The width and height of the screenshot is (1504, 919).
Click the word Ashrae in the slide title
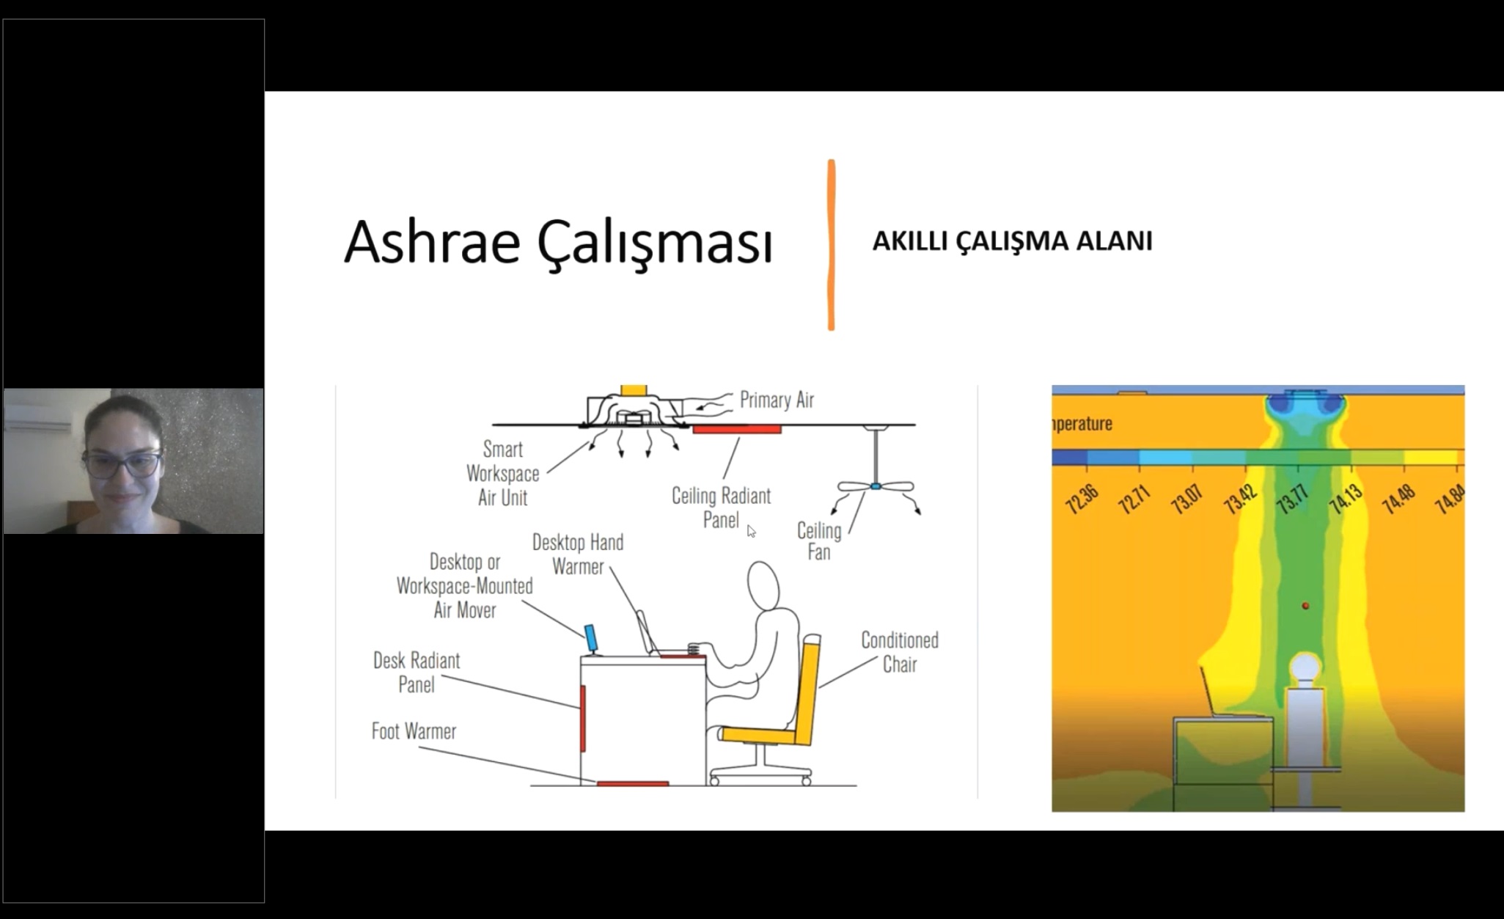(433, 241)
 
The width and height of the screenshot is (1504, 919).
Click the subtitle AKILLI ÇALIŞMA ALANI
(1012, 241)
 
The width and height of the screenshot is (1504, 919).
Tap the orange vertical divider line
(831, 245)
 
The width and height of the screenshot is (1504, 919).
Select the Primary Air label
(777, 400)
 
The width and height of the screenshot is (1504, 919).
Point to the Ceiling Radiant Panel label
(722, 508)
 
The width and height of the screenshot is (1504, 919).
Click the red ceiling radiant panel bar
(737, 429)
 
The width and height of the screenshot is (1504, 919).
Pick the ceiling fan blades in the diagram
(876, 486)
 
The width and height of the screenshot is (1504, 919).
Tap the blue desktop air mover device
(591, 638)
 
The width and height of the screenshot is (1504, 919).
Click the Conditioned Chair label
(900, 652)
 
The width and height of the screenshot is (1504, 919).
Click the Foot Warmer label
(414, 731)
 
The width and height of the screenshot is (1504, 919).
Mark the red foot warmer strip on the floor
(633, 783)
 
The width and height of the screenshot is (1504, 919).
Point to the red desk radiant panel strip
(583, 718)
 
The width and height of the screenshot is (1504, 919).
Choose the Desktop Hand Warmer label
(578, 554)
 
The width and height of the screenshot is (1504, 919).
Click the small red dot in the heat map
(1305, 606)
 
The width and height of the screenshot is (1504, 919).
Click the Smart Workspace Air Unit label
(503, 473)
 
